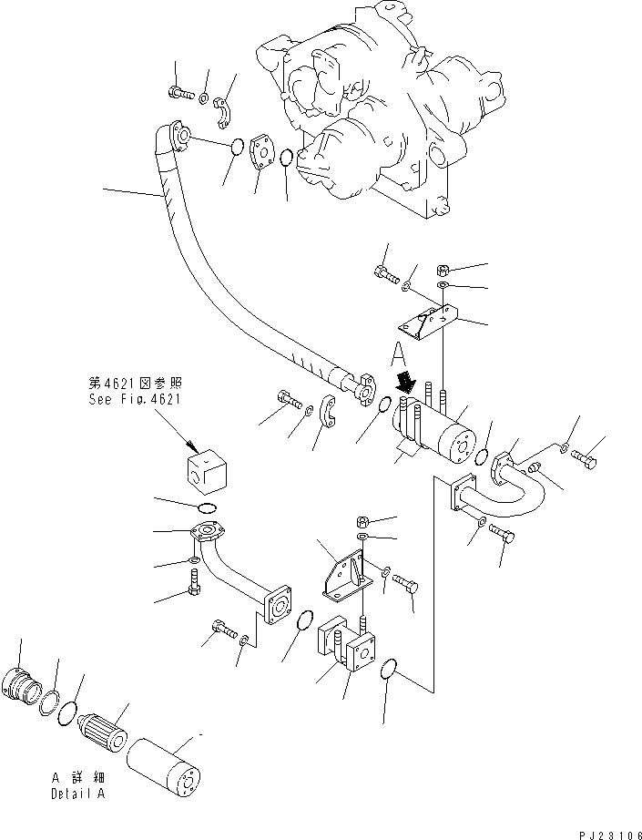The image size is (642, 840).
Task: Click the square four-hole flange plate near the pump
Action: click(263, 156)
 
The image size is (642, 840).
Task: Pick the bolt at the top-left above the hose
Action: click(178, 91)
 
